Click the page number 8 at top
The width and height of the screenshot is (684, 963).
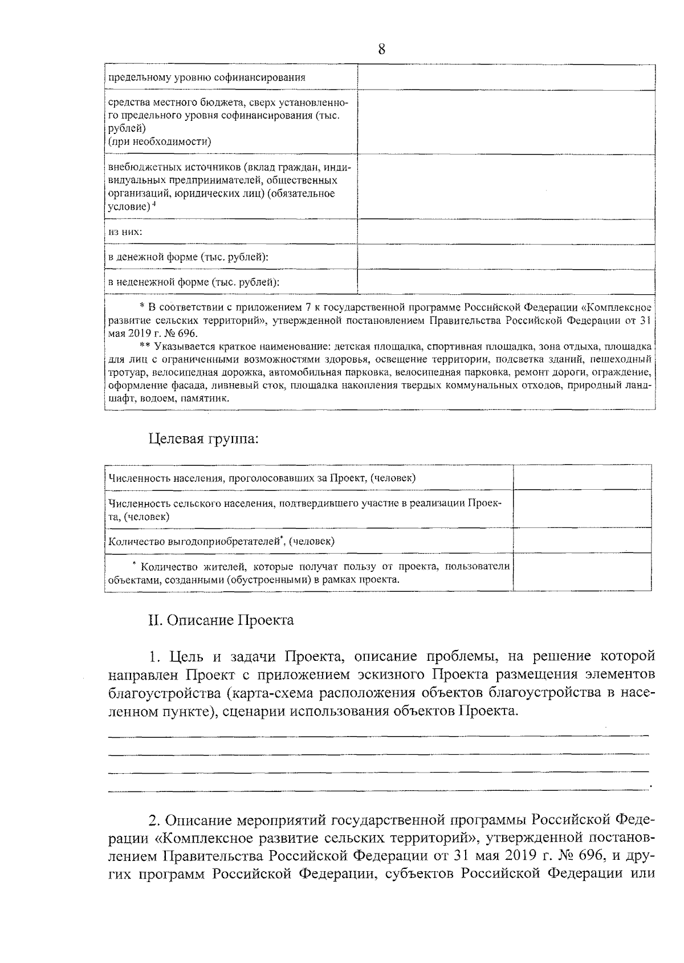click(381, 50)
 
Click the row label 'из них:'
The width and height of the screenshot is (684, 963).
click(125, 232)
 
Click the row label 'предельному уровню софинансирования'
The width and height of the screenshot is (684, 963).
click(207, 78)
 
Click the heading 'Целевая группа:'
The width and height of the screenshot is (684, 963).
click(203, 439)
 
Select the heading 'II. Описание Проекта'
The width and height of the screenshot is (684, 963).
click(221, 620)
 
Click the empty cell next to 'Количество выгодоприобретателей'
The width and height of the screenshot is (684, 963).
click(582, 541)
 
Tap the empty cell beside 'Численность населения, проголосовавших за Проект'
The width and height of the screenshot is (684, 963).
click(582, 478)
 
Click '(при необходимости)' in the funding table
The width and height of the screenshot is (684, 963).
click(160, 142)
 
